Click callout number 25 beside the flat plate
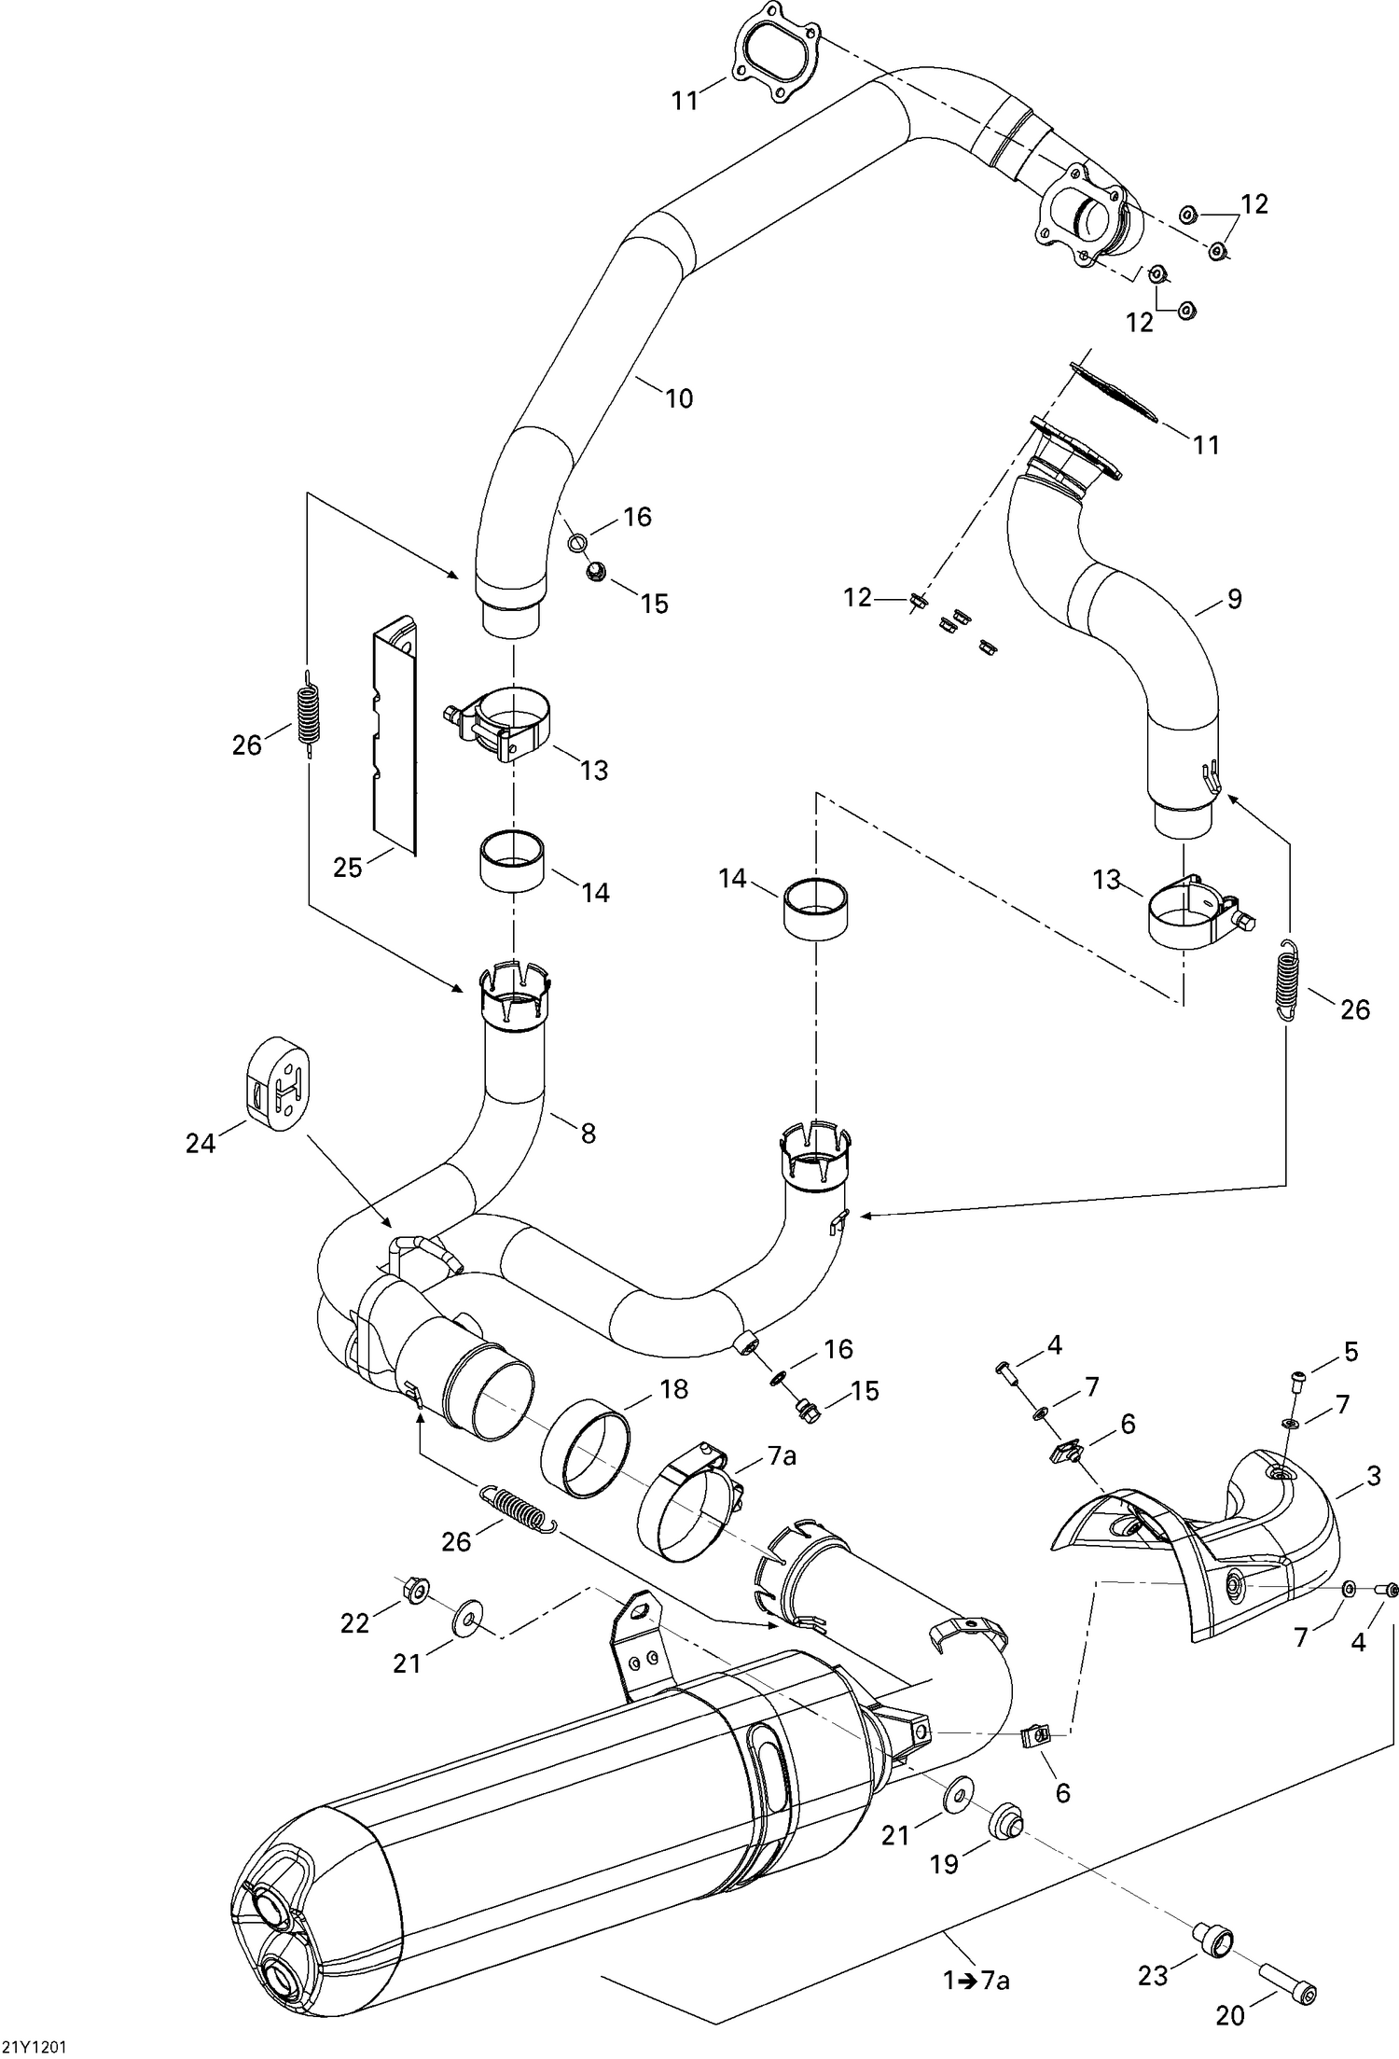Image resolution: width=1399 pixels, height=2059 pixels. click(347, 868)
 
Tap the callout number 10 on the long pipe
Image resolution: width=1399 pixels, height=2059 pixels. click(679, 398)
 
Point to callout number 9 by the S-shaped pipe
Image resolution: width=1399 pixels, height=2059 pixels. click(1235, 599)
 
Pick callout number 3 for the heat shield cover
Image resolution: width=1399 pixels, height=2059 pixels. click(1374, 1477)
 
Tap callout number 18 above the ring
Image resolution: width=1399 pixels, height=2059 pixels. click(672, 1389)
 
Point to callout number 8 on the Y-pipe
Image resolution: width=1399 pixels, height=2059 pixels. click(588, 1134)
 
